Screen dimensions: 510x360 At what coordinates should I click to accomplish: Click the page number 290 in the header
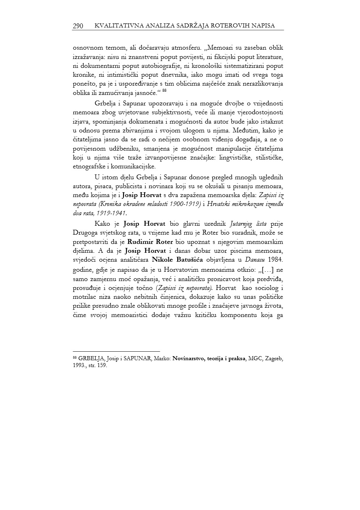coord(78,26)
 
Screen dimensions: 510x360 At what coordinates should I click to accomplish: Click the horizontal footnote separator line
coord(116,351)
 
